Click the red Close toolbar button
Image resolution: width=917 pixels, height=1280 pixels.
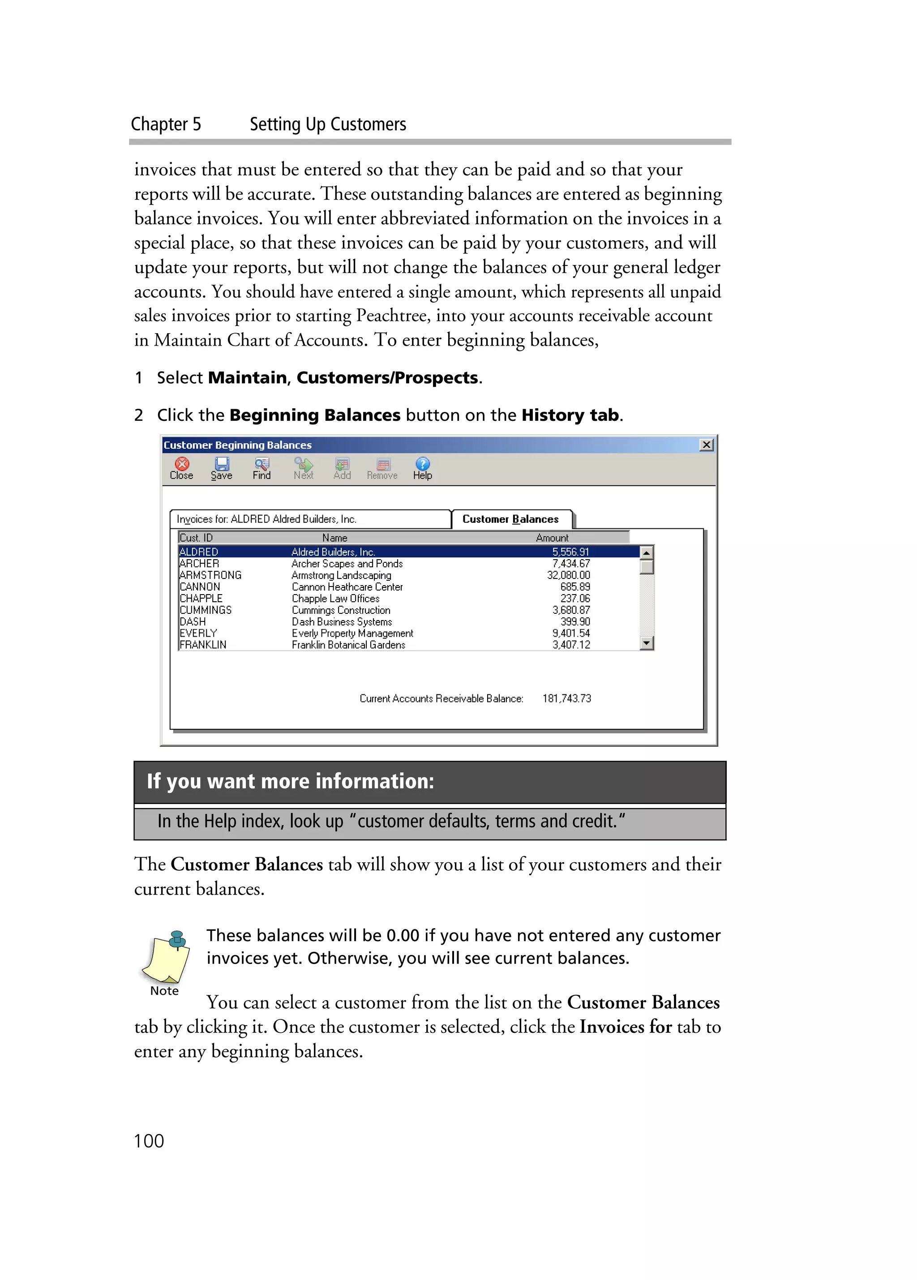point(181,468)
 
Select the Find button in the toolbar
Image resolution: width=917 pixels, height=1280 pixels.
point(261,468)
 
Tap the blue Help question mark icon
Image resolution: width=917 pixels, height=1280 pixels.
point(422,468)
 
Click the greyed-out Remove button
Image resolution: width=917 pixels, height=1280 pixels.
point(382,468)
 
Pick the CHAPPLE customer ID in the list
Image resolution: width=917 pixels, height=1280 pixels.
point(201,598)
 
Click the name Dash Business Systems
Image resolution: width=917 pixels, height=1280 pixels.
point(341,621)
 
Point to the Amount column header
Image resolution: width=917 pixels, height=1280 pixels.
point(552,537)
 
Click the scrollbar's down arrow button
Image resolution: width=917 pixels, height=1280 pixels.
point(647,643)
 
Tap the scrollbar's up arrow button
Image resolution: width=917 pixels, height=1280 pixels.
point(647,552)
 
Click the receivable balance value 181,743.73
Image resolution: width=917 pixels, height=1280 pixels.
point(566,698)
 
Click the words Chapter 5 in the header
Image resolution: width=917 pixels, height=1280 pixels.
point(166,124)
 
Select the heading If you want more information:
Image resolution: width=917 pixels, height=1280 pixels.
point(290,781)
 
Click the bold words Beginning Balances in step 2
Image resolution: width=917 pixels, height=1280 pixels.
point(314,415)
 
